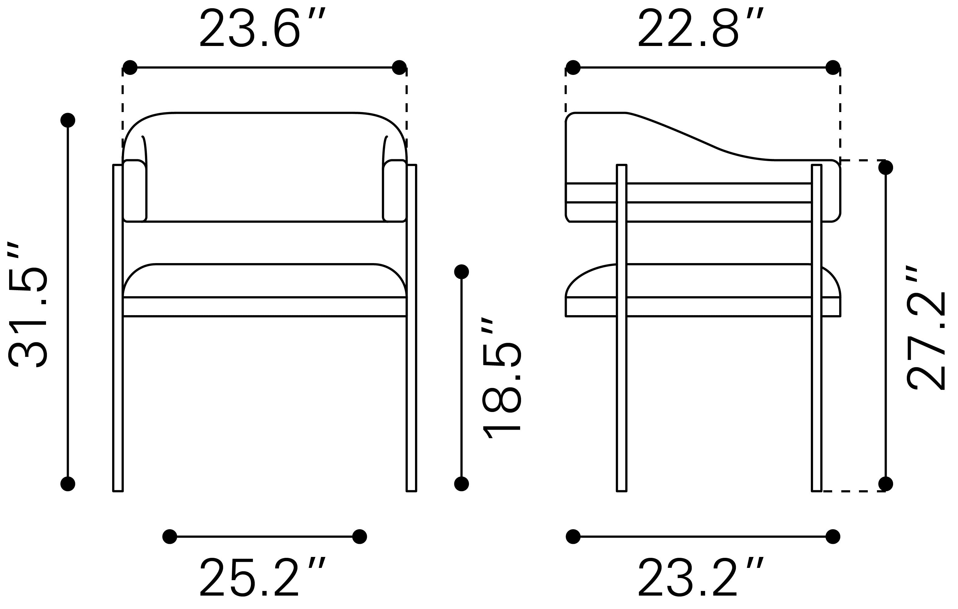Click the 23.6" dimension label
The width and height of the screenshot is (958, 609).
click(263, 28)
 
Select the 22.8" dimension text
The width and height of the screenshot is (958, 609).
click(701, 28)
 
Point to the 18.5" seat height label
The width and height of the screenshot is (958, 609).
click(501, 378)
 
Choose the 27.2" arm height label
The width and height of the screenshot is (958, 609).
click(925, 328)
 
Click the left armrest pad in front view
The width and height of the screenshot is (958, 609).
click(135, 191)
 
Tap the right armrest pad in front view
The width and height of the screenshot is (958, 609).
click(395, 191)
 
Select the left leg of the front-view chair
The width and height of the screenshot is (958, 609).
click(118, 328)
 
